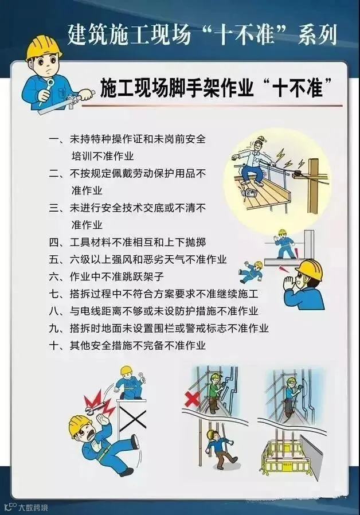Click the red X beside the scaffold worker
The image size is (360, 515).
pyautogui.click(x=192, y=400)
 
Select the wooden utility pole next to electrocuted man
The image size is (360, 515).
pyautogui.click(x=314, y=186)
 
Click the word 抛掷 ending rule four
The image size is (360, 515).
pyautogui.click(x=195, y=243)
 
